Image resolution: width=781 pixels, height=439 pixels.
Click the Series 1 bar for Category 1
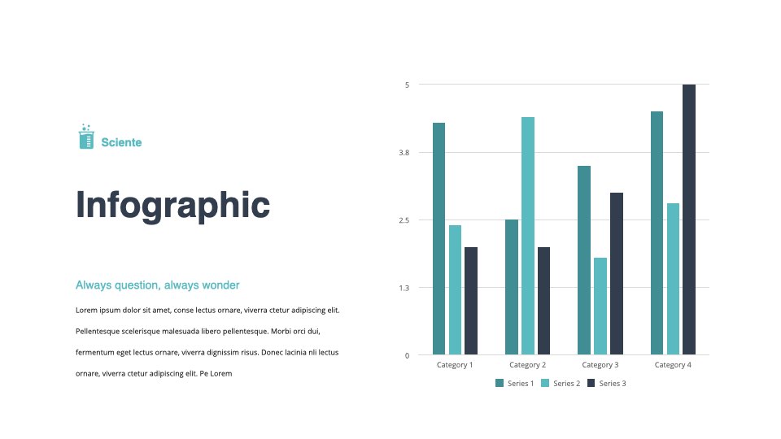[438, 238]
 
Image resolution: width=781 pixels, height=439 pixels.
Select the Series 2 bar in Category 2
[528, 236]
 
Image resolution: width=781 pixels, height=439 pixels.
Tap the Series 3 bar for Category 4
[689, 219]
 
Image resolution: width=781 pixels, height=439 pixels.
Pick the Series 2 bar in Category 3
[600, 306]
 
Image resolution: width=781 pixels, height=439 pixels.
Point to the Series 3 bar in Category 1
[471, 301]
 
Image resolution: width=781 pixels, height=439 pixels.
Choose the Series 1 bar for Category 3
[584, 260]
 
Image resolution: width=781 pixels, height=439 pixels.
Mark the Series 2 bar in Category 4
[673, 279]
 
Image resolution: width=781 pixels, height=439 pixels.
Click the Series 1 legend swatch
[500, 383]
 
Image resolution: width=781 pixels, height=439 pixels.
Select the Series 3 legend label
[613, 383]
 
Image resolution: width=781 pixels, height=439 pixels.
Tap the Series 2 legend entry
[561, 383]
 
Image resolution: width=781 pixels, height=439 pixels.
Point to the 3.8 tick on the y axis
[404, 153]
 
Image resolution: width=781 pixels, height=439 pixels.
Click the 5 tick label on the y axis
[407, 85]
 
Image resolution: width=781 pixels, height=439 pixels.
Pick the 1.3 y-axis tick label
[404, 288]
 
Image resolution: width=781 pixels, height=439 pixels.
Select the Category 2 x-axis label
[527, 365]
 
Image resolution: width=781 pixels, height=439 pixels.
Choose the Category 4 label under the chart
[673, 365]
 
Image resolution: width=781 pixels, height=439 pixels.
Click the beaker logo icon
[86, 137]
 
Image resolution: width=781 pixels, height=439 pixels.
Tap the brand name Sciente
[121, 142]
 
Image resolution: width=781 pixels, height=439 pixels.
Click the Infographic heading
[172, 205]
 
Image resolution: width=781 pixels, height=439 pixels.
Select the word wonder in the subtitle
[220, 285]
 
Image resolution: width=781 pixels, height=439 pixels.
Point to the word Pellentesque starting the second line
[98, 332]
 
